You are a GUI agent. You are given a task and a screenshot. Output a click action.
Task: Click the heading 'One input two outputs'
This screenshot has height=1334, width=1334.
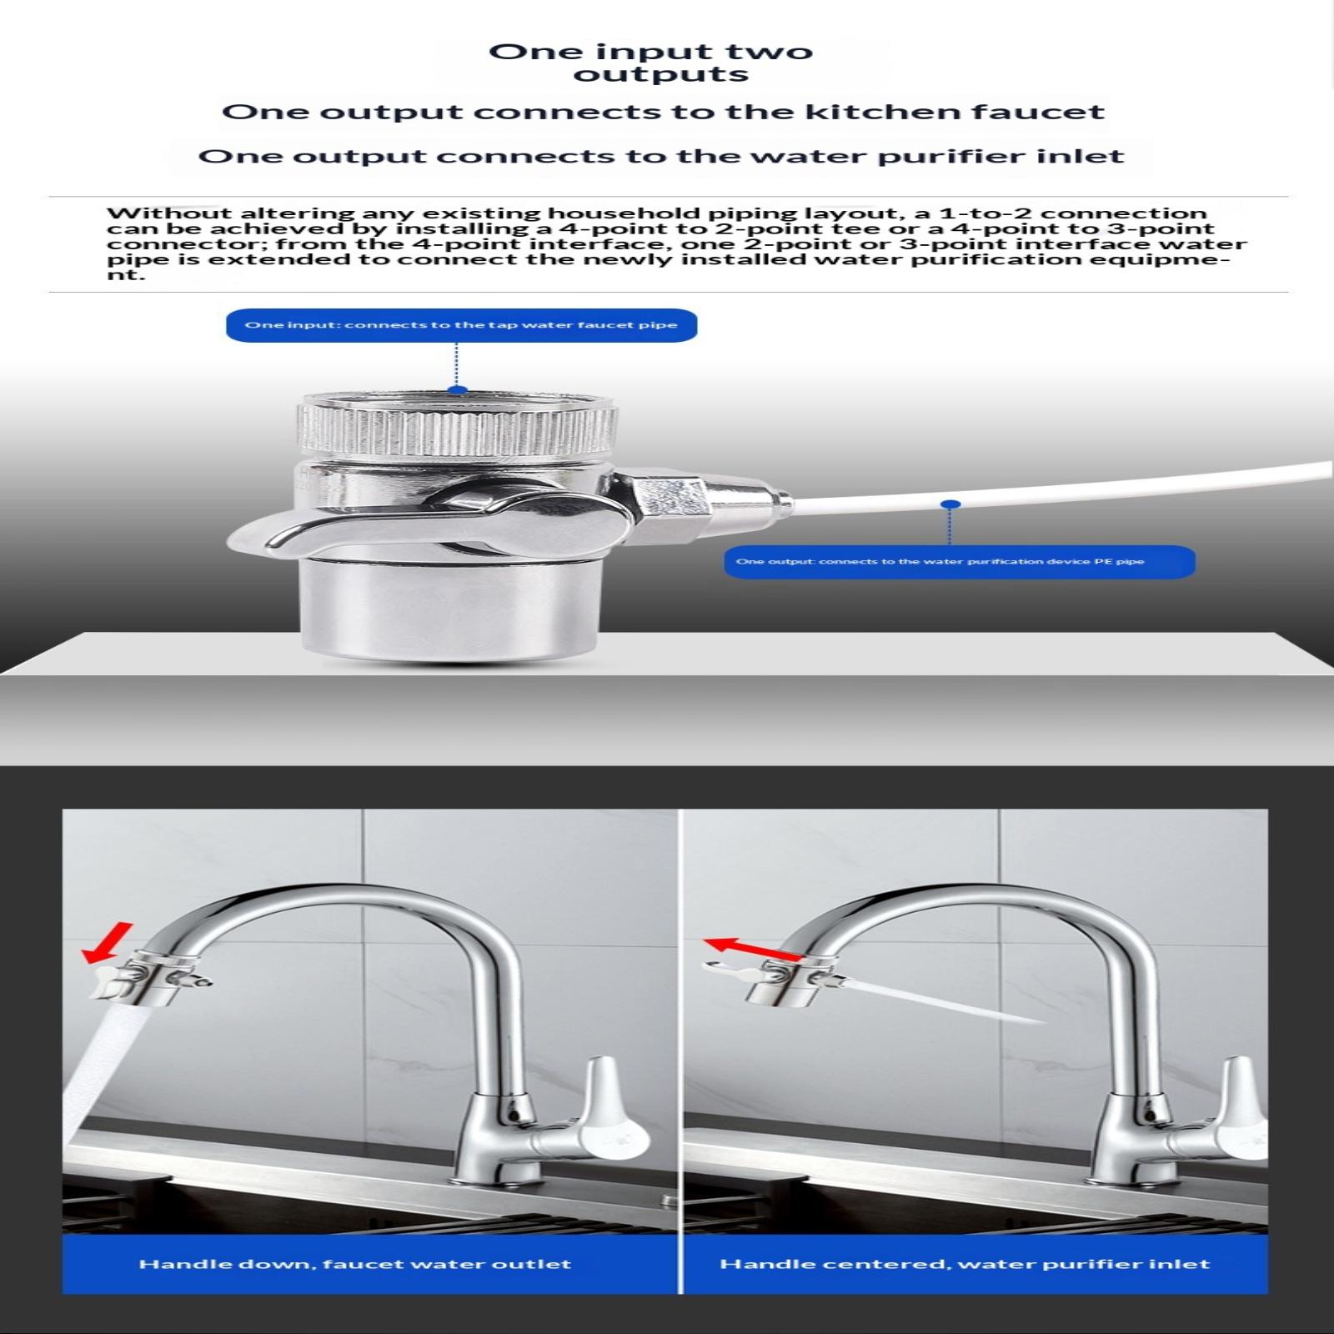point(650,63)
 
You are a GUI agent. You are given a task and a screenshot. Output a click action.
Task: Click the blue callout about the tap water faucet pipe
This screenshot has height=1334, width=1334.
point(461,324)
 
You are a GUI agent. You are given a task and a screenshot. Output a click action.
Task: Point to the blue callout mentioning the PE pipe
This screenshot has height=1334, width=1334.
point(959,561)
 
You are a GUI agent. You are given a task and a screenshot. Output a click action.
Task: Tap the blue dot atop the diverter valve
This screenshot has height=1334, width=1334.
point(456,389)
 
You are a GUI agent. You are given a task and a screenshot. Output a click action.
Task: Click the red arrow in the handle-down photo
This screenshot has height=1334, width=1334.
point(107,940)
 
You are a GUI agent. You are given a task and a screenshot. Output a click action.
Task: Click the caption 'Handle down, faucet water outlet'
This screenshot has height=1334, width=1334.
point(355,1264)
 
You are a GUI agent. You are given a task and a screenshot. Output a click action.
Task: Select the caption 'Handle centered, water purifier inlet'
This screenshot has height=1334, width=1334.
point(965,1264)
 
